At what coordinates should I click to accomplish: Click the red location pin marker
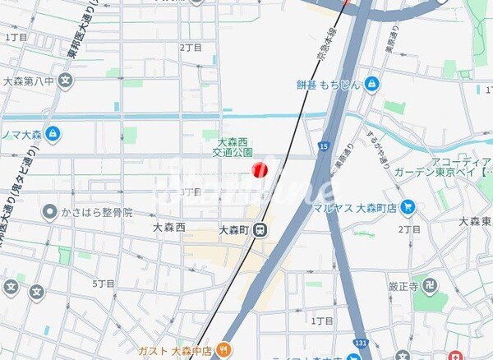[259, 170]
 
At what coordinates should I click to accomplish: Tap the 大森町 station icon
[260, 232]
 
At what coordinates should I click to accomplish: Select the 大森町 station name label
[234, 232]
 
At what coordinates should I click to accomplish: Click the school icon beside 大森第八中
[67, 81]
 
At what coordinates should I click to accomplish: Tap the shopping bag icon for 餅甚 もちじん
[371, 83]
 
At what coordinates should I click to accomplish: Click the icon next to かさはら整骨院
[48, 212]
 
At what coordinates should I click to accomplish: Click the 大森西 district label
[169, 226]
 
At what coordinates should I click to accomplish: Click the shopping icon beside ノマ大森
[53, 132]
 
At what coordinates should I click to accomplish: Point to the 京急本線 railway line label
[320, 46]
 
